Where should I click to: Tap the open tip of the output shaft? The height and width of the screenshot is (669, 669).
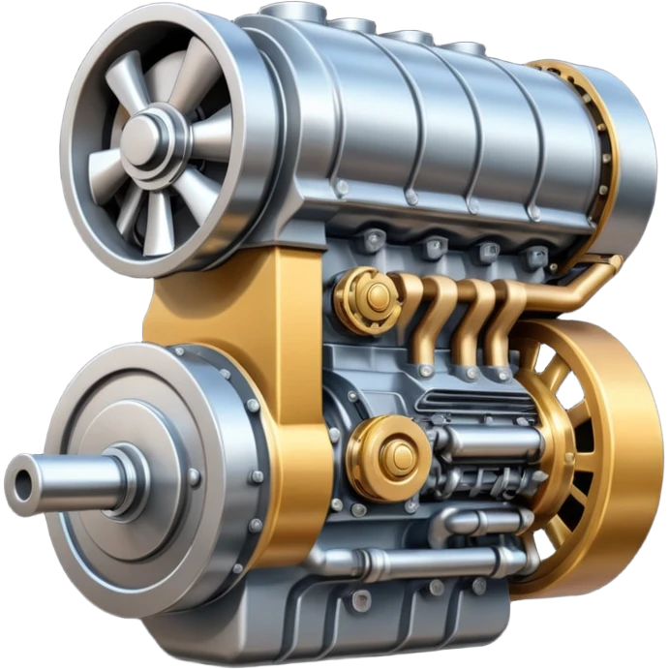[21, 481]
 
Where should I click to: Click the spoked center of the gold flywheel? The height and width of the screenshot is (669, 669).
[571, 436]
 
